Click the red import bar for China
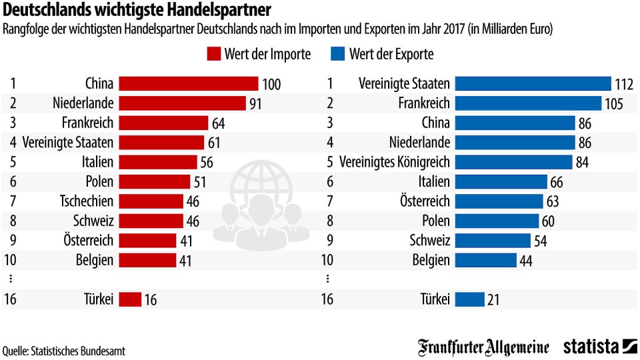click(x=189, y=83)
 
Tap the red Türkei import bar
click(x=131, y=299)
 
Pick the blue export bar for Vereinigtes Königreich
click(x=515, y=162)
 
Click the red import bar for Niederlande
click(x=183, y=103)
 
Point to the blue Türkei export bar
click(x=471, y=299)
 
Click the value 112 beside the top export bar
click(x=624, y=84)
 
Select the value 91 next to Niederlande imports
click(x=255, y=104)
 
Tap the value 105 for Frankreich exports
click(x=614, y=104)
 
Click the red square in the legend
click(x=214, y=54)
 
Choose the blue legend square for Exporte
click(x=337, y=54)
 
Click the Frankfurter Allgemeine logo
click(x=484, y=347)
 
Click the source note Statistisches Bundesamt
click(x=64, y=350)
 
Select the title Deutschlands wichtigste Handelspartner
click(x=137, y=11)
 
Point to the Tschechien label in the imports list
click(x=87, y=201)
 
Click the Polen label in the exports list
click(x=435, y=221)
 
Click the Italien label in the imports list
click(x=97, y=162)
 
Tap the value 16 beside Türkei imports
click(x=151, y=300)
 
